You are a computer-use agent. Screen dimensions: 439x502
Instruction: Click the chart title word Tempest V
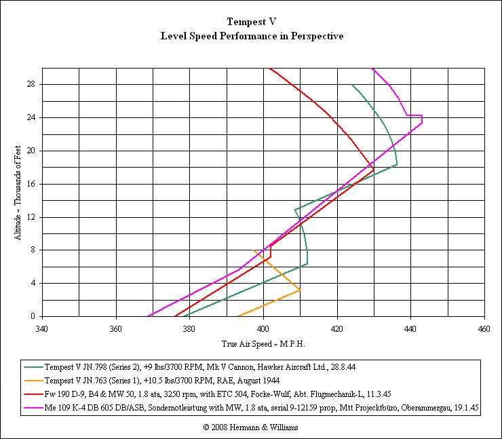click(x=251, y=22)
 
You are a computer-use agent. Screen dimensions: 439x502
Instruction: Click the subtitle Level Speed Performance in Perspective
click(x=251, y=36)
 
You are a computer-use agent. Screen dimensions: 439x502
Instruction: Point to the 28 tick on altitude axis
click(x=31, y=84)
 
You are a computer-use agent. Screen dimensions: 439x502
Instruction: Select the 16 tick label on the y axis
click(x=31, y=184)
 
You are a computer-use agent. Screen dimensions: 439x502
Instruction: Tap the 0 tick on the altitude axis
click(x=33, y=316)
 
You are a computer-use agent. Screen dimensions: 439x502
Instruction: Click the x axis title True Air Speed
click(x=263, y=344)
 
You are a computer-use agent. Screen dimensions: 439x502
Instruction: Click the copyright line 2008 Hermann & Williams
click(x=251, y=427)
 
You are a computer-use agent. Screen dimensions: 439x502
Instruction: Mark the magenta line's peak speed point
click(x=422, y=123)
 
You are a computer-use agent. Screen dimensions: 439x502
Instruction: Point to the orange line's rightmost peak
click(x=300, y=290)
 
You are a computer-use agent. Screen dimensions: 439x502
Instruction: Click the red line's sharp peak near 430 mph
click(x=374, y=169)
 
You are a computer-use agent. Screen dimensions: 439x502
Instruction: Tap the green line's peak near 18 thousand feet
click(x=397, y=165)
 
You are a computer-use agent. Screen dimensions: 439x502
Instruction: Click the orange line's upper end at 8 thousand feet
click(x=254, y=250)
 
